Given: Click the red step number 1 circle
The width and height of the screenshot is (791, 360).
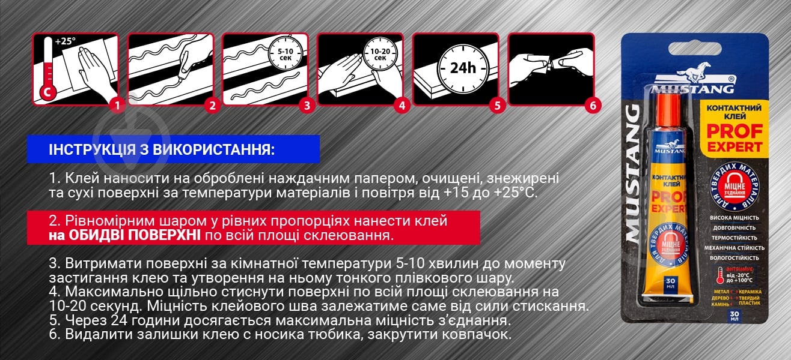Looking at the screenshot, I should (x=117, y=106).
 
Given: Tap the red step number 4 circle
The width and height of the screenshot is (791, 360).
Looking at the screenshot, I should (x=402, y=106).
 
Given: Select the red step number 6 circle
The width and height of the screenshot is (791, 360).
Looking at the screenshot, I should (x=593, y=106).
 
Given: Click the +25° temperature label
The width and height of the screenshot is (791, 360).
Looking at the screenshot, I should (x=66, y=43).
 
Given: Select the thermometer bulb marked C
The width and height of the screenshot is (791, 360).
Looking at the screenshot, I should (x=46, y=94).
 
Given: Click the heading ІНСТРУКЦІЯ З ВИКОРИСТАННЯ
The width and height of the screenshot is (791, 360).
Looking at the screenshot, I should (x=160, y=149).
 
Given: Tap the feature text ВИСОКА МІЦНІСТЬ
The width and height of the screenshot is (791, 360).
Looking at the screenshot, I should (x=730, y=218).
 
